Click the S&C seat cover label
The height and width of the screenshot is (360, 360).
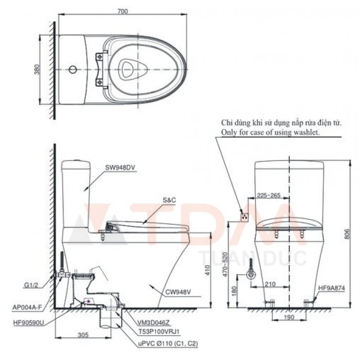coord(169,200)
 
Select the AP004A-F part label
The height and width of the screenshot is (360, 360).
coord(24,308)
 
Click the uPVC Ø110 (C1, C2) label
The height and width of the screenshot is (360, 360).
coord(166,343)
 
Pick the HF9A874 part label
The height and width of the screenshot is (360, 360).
coord(331,288)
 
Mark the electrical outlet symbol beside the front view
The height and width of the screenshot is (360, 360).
coord(245,215)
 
